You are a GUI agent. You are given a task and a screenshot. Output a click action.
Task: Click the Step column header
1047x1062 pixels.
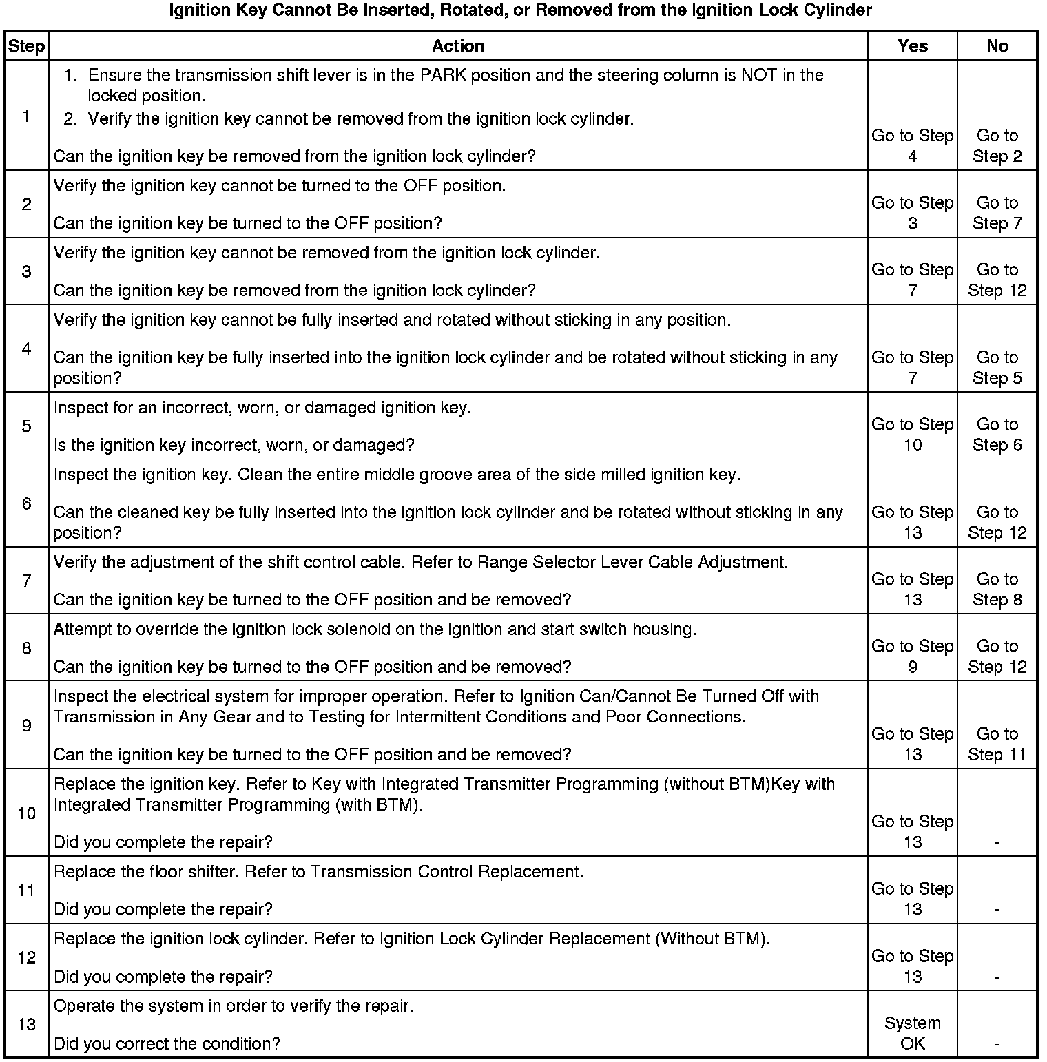tap(26, 46)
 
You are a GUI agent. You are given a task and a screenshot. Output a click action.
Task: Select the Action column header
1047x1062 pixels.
tap(458, 46)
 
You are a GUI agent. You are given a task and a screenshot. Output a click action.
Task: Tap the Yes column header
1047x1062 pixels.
tap(913, 46)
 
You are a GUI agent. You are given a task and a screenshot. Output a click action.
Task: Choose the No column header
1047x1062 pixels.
tap(997, 46)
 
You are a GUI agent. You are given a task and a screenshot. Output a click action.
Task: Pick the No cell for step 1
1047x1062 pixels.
tap(997, 146)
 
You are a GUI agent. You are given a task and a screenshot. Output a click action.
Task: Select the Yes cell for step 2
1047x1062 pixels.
tap(913, 213)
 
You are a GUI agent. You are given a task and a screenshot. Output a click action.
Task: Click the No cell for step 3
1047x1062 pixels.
tap(997, 280)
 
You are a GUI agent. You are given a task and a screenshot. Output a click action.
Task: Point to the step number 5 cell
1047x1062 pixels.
tap(26, 426)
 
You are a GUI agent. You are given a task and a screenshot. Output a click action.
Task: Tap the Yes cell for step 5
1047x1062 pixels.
tap(913, 435)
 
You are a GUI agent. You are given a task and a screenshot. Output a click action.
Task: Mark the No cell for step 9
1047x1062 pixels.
tap(997, 744)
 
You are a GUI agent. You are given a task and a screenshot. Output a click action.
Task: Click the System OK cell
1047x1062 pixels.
tap(913, 1033)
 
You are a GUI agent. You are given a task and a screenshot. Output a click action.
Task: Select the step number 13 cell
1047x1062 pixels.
tap(26, 1024)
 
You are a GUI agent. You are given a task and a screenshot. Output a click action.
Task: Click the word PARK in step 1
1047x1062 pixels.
tap(441, 74)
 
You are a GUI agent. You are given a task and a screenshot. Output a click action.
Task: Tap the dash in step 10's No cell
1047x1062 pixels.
tap(997, 842)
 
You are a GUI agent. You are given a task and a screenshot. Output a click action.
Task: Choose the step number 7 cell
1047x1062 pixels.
tap(26, 581)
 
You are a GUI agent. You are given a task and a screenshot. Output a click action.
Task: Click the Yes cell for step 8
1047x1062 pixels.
tap(913, 656)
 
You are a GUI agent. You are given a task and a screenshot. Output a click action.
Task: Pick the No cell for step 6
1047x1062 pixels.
tap(997, 522)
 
